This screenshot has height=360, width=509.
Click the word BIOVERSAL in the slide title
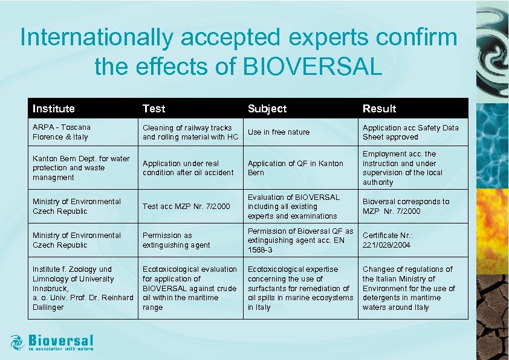pos(313,67)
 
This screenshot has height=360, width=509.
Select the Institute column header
pos(54,109)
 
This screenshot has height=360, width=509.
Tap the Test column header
pos(154,109)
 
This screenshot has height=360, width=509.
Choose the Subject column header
pos(267,109)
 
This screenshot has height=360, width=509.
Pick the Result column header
pos(379,109)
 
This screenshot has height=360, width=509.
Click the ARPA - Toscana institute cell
pos(61,132)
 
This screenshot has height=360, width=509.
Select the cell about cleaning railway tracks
pos(190,132)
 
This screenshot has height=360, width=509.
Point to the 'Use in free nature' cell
pos(278,132)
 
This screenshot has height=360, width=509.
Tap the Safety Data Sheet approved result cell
pos(410,132)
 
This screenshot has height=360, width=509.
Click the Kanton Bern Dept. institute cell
pos(81,168)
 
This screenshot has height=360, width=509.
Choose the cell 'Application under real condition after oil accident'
pos(188,168)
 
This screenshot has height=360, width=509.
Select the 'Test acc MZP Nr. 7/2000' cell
pos(186,207)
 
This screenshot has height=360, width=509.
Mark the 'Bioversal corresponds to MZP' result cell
pos(406,207)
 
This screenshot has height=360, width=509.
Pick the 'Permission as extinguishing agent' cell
pos(177,240)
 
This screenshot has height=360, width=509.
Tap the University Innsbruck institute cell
pos(82,288)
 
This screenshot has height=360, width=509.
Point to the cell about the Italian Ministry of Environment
pos(407,288)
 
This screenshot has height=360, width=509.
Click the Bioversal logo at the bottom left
pos(52,342)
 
